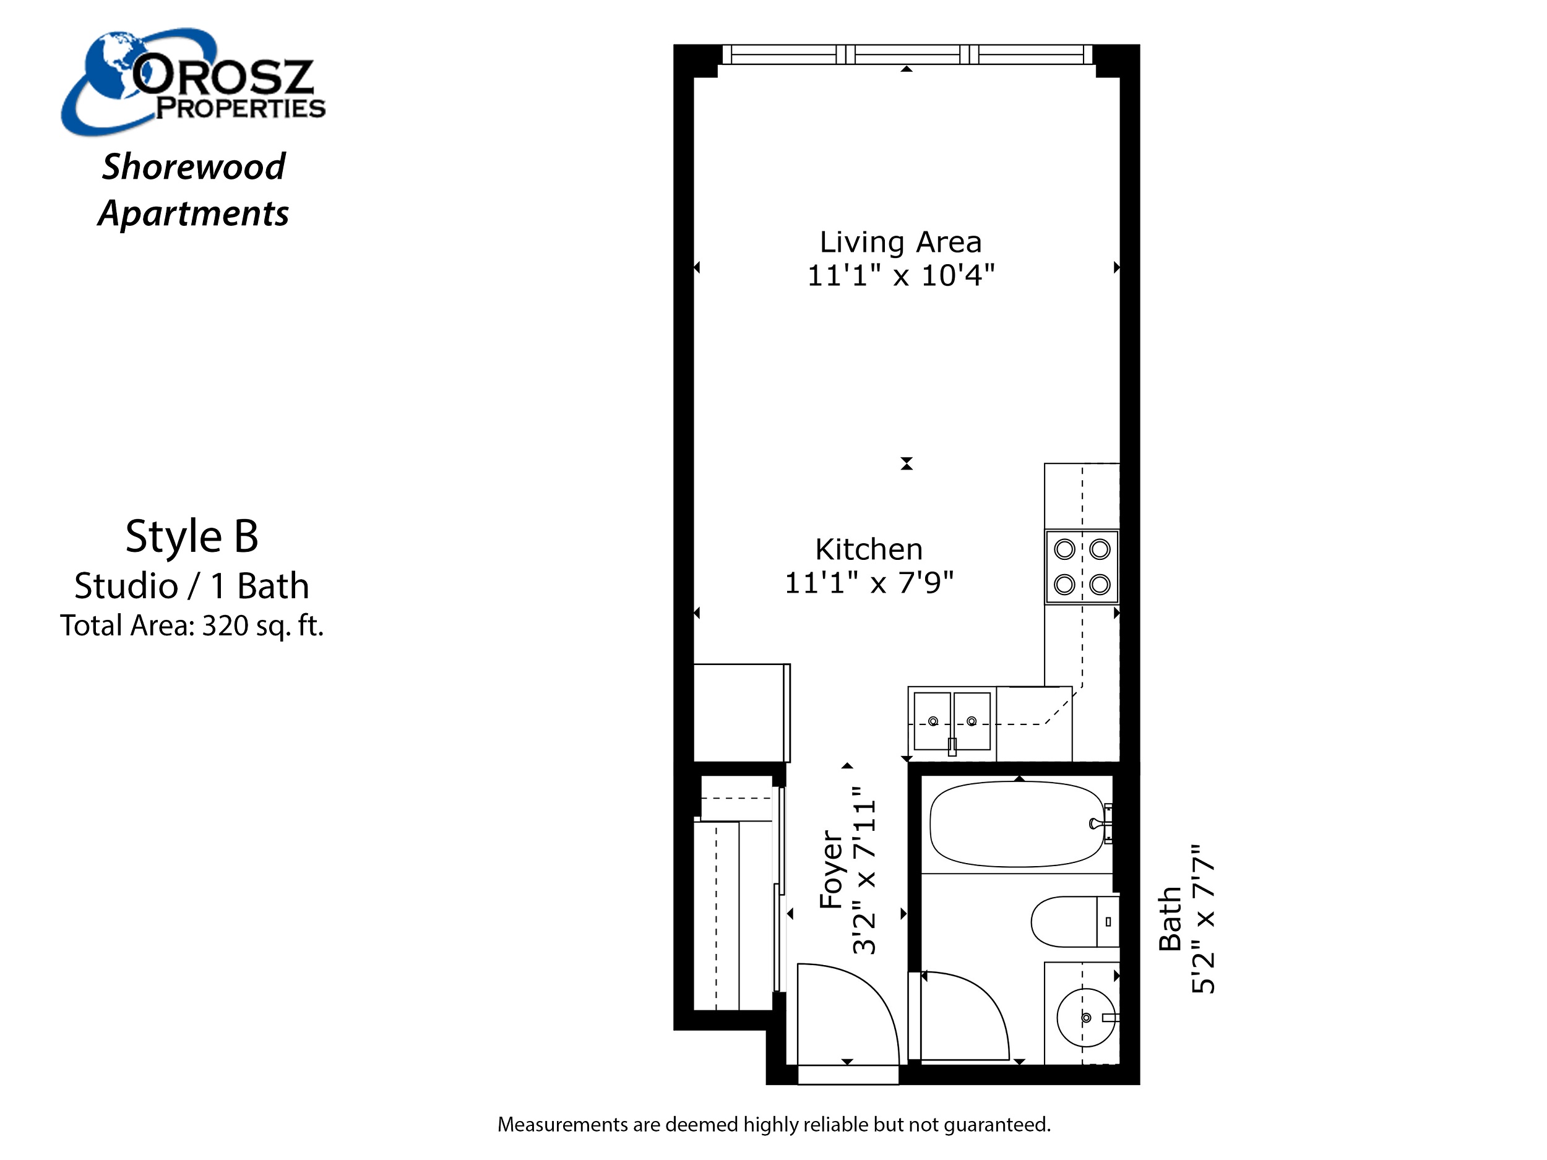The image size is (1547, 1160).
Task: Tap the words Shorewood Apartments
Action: point(193,189)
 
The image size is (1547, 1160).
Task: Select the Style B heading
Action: point(192,536)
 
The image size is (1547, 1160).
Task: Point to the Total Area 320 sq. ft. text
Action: point(192,625)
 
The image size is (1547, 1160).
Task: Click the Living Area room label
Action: point(901,243)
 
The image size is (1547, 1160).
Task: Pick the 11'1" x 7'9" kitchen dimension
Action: point(869,582)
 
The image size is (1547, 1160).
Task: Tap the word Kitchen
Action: point(869,549)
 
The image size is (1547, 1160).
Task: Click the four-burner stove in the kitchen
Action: point(1082,566)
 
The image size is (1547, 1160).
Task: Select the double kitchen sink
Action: point(952,721)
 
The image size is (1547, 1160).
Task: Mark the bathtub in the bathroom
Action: point(1017,823)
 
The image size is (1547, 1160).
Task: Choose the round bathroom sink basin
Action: point(1086,1017)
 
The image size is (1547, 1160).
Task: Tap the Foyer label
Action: point(831,869)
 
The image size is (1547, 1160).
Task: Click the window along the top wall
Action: point(907,54)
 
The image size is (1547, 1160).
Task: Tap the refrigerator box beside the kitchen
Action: point(741,713)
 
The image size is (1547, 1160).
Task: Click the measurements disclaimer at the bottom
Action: point(773,1125)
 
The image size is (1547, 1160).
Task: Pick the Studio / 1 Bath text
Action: point(192,585)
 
